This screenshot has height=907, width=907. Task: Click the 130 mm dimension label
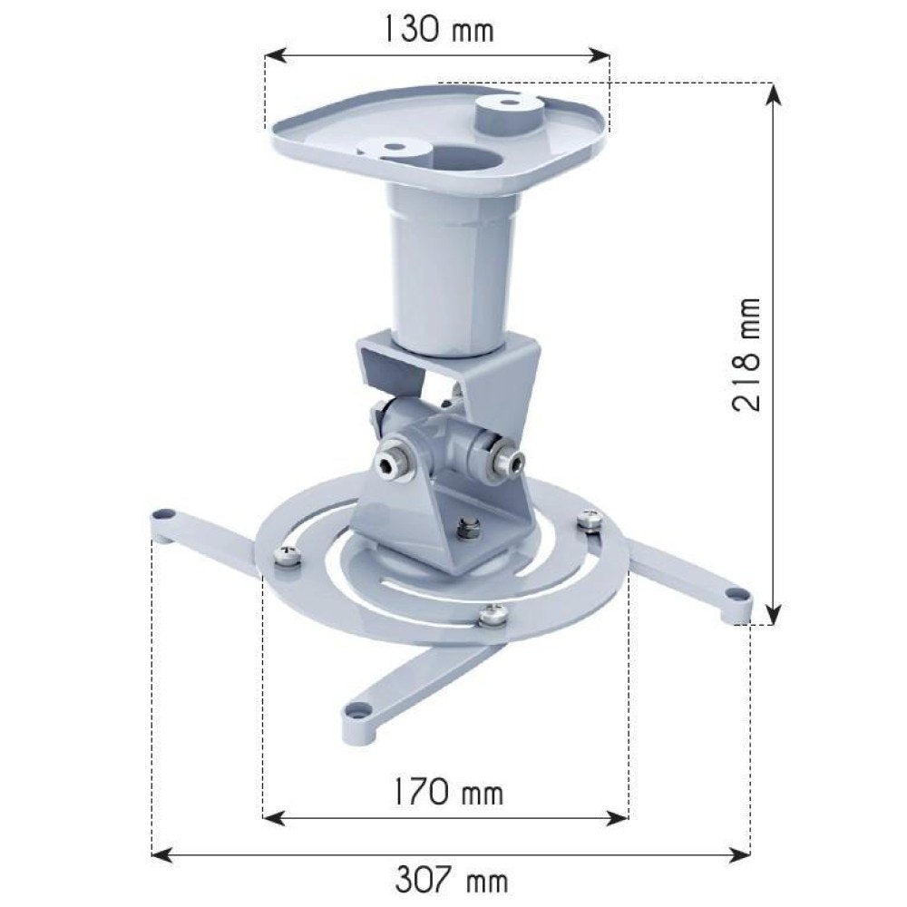click(x=437, y=29)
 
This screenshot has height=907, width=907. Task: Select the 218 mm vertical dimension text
click(x=746, y=354)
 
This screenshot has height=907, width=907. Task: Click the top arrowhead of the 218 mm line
click(x=772, y=91)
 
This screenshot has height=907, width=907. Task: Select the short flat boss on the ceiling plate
click(x=395, y=148)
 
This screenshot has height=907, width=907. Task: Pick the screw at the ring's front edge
click(x=493, y=615)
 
